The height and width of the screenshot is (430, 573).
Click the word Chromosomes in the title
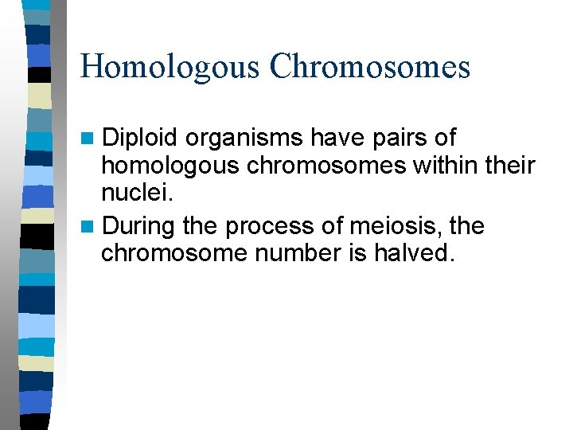(370, 66)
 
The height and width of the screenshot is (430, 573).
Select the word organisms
(244, 139)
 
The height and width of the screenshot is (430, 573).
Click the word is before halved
(367, 256)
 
